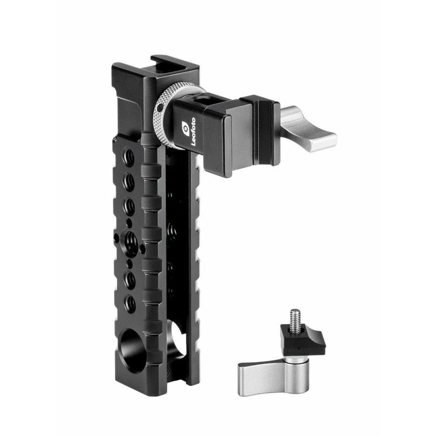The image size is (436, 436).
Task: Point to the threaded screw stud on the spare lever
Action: (x=296, y=319)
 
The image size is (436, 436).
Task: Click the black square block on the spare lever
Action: (x=302, y=340)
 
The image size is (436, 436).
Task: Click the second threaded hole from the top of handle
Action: (x=129, y=180)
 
